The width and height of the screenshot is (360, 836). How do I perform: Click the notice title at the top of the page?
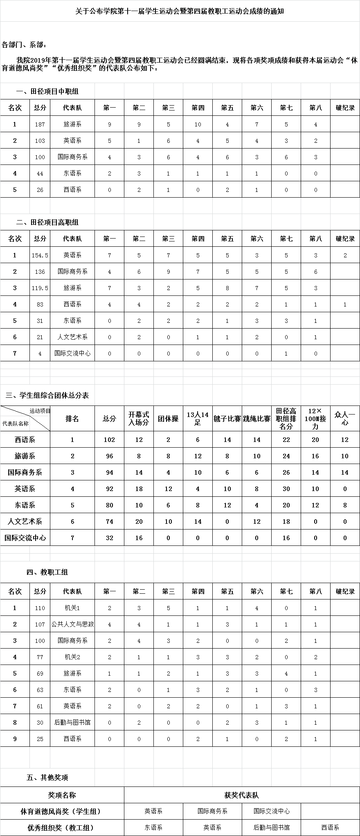coord(180,11)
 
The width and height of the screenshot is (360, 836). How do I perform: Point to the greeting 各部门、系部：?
coord(25,44)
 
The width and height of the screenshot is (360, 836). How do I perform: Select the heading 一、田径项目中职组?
coord(47,92)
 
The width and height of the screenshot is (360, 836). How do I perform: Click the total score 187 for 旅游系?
coord(40,124)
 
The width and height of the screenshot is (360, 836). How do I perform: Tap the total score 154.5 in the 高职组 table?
coord(40,255)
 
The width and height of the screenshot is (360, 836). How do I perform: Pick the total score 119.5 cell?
coord(40,288)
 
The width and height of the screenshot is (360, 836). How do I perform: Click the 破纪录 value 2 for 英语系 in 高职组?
coord(345,255)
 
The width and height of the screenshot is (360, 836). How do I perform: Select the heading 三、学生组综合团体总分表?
coord(47,396)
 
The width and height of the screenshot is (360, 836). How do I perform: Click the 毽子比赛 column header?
coord(227,419)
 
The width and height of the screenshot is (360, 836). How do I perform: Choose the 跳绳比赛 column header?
coord(256,419)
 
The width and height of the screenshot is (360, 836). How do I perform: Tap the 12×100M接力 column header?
coord(315,418)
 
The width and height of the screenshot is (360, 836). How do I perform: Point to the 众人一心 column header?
coord(345,418)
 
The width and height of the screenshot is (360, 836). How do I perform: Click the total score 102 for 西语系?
coord(109,440)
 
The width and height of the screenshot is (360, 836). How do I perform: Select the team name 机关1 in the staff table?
coord(72,608)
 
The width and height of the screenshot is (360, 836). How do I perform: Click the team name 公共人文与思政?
coord(72,624)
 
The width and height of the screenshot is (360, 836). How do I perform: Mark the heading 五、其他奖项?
coord(47,777)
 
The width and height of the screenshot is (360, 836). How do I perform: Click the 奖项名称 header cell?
coord(62,795)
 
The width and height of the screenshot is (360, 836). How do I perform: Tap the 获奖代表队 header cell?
coord(242,795)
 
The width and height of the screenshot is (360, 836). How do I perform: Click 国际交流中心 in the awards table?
coord(272,811)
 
